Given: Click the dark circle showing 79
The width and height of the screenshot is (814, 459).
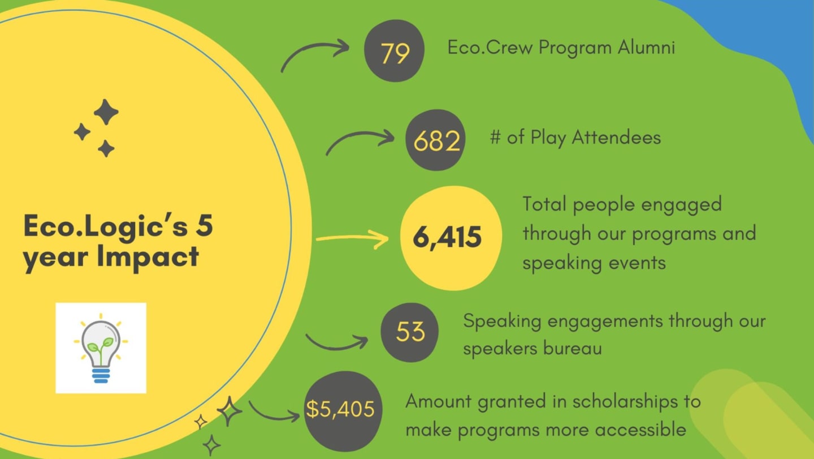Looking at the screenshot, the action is point(395,50).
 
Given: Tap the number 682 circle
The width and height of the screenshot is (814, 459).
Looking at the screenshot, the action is point(436,140).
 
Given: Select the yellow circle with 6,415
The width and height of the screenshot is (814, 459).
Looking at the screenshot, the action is point(451,238).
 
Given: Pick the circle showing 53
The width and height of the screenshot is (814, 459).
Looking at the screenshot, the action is point(409,332).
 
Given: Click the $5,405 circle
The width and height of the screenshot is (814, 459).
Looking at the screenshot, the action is point(343,411).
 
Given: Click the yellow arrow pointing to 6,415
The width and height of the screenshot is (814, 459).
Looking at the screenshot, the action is point(352,239).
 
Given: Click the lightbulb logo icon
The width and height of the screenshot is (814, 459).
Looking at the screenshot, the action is point(101,348).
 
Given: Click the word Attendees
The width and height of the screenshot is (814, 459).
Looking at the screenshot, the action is point(616,138).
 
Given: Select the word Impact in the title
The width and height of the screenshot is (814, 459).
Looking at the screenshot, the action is point(148,257).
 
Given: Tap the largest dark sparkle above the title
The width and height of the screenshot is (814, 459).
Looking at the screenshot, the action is point(106,112).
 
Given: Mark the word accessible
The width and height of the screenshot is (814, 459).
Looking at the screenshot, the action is point(641,430).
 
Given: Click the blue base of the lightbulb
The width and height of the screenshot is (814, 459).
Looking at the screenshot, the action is point(101,375).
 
